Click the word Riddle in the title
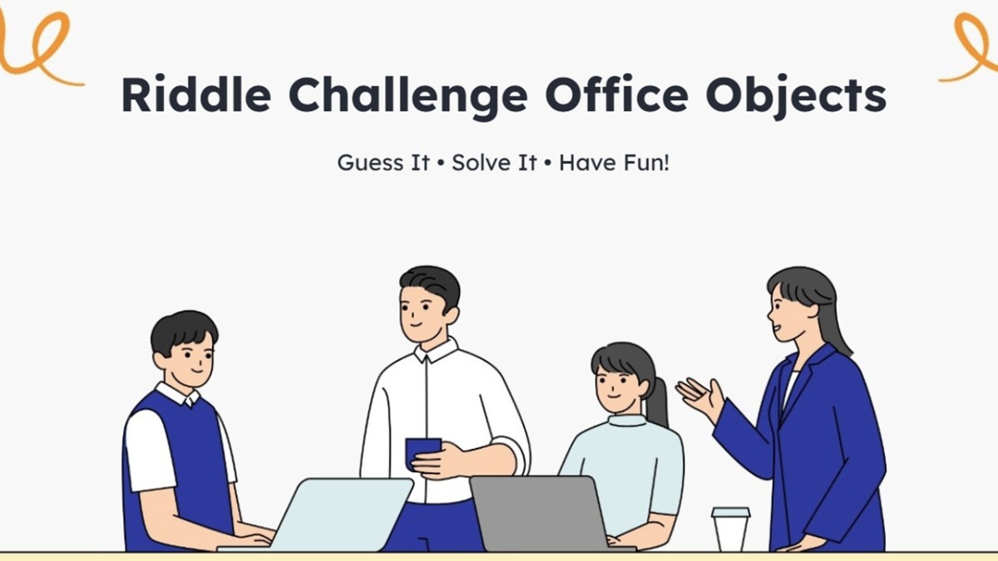(x=196, y=95)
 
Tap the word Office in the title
(x=617, y=94)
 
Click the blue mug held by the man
(x=421, y=454)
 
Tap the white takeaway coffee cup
(x=731, y=530)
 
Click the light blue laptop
(x=329, y=514)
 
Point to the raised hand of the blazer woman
(x=699, y=397)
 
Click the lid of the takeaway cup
(x=731, y=513)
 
